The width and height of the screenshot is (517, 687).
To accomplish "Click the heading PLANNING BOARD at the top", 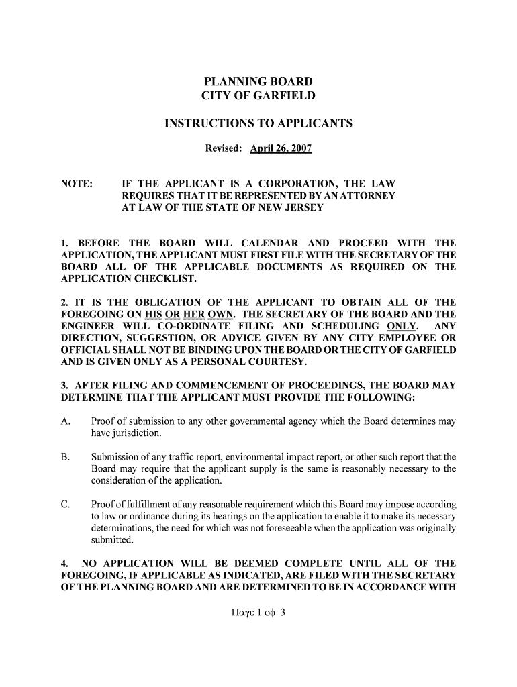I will pyautogui.click(x=258, y=82).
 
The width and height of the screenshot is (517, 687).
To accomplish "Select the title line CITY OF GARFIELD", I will pyautogui.click(x=258, y=97).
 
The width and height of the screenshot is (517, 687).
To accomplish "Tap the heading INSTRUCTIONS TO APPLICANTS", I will pyautogui.click(x=258, y=123).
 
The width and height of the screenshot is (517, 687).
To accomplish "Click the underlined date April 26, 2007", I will pyautogui.click(x=281, y=148).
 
